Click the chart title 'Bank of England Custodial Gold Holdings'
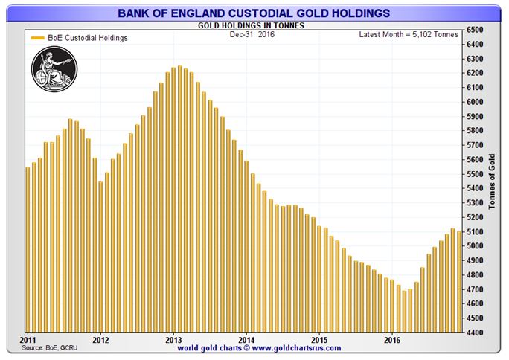tap(254, 12)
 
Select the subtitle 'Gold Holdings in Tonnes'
tap(254, 25)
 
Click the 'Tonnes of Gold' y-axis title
tap(492, 181)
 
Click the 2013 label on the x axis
tap(173, 340)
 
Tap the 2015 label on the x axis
tap(318, 340)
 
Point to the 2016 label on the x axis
tap(391, 340)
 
